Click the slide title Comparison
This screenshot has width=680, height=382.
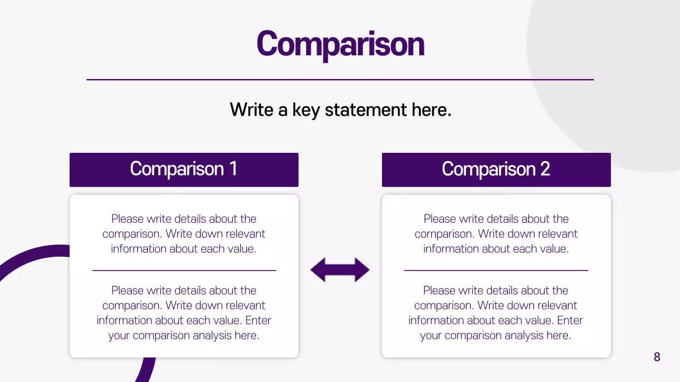tap(340, 44)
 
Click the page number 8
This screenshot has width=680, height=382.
tap(657, 357)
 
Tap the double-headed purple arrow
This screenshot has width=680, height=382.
tap(340, 270)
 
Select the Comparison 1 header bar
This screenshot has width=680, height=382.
tap(184, 170)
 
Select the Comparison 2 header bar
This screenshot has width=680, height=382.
tap(496, 170)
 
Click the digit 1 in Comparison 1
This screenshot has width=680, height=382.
tap(233, 169)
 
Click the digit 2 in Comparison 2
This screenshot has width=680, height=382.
tap(545, 169)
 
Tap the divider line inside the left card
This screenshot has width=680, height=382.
tap(184, 271)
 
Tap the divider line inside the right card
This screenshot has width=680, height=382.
tap(496, 271)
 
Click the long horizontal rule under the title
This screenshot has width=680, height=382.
tap(340, 80)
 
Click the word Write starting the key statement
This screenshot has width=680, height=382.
tap(251, 110)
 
